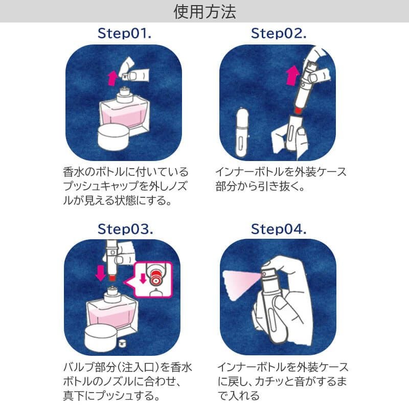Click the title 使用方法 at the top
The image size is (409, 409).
tap(204, 11)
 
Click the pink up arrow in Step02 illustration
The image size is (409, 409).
tap(292, 77)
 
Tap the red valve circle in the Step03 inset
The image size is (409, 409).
tap(155, 280)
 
